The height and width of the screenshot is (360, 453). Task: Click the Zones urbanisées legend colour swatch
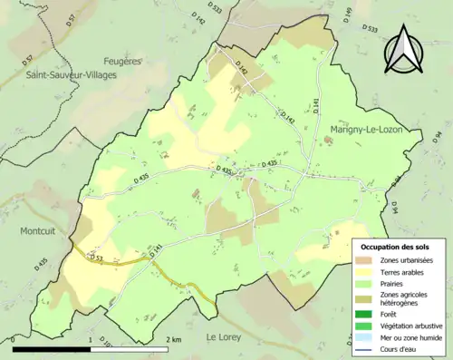[367, 260]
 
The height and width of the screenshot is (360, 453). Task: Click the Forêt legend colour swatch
[367, 315]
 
